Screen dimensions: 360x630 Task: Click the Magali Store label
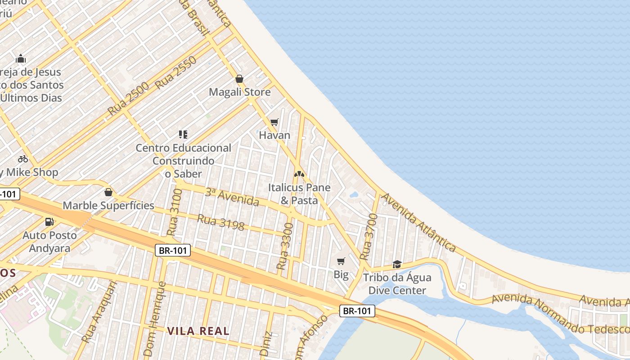(x=239, y=92)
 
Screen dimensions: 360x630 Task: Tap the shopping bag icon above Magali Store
(x=239, y=79)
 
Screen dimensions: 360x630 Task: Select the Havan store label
(x=274, y=135)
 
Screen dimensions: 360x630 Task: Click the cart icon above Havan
(x=274, y=122)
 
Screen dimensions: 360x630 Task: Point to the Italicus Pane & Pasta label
(x=299, y=194)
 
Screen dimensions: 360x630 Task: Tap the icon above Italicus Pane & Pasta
(x=299, y=174)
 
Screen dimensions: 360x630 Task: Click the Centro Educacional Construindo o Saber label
(x=183, y=161)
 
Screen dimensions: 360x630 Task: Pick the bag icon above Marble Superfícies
(x=108, y=193)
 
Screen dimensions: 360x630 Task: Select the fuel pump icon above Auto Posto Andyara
(x=49, y=222)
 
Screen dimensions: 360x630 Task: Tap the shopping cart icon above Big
(x=341, y=261)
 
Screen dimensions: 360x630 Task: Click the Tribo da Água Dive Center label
(x=397, y=284)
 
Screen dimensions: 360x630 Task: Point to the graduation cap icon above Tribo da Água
(x=397, y=264)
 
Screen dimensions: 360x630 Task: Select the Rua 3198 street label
(x=220, y=222)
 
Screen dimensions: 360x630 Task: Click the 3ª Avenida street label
(x=232, y=197)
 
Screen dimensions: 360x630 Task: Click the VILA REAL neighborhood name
(x=198, y=331)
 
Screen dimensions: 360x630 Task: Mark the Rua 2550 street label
(x=175, y=72)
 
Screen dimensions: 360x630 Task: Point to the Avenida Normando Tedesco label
(x=560, y=313)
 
